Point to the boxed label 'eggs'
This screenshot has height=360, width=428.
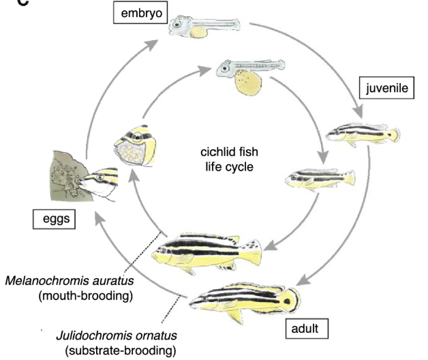(55, 221)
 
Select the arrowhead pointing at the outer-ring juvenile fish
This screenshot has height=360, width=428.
(354, 117)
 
